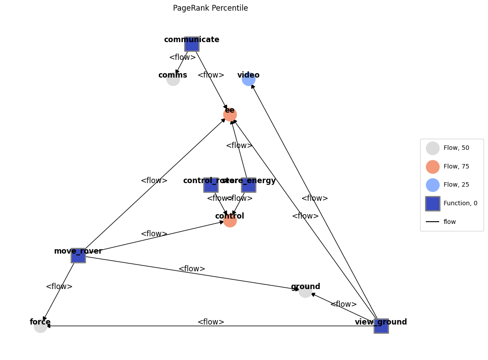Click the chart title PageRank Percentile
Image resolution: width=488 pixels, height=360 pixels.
pyautogui.click(x=210, y=8)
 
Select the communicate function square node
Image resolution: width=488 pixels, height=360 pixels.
pyautogui.click(x=192, y=44)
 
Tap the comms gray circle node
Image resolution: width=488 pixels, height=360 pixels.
pyautogui.click(x=173, y=79)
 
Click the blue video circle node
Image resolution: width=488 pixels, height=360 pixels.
pyautogui.click(x=248, y=79)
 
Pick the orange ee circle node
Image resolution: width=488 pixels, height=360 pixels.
pyautogui.click(x=230, y=114)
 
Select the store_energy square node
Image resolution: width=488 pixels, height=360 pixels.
pyautogui.click(x=248, y=185)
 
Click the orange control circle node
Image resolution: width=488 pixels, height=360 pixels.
pyautogui.click(x=230, y=220)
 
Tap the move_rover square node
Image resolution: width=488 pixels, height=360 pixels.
pyautogui.click(x=78, y=255)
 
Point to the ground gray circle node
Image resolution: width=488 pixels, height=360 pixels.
pyautogui.click(x=305, y=291)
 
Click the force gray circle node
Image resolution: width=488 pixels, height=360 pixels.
pyautogui.click(x=40, y=326)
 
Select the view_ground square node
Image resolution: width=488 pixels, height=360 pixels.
pyautogui.click(x=381, y=326)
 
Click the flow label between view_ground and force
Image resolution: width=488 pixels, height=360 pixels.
pyautogui.click(x=211, y=322)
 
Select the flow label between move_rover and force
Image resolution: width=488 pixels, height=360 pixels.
pyautogui.click(x=59, y=286)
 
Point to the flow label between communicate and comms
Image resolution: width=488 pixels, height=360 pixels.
pyautogui.click(x=182, y=57)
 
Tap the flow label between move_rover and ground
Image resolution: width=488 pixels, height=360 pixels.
pyautogui.click(x=192, y=269)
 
